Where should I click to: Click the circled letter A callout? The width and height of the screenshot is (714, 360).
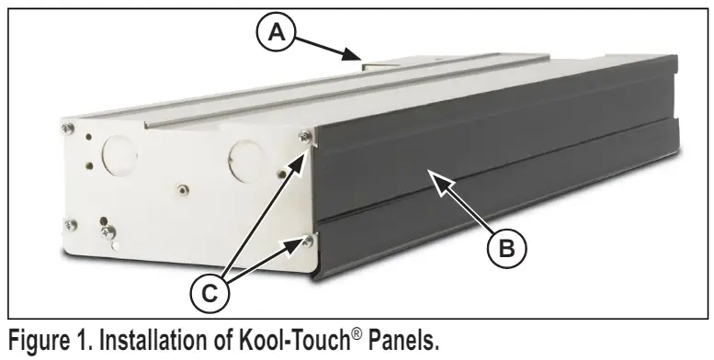coord(277,33)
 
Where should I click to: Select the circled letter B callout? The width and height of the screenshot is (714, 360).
coord(507,249)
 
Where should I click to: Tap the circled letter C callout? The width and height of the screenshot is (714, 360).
coord(210,294)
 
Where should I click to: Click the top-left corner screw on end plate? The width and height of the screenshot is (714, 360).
coord(68,129)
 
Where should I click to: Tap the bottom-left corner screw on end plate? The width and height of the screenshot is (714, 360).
coord(70,225)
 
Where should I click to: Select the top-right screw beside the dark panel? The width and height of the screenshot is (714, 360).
coord(304,136)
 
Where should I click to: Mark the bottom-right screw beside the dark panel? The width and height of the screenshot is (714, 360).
coord(308,241)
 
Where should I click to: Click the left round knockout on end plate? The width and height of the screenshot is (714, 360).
coord(119,155)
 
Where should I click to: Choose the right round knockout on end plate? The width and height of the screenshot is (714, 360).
coord(247,160)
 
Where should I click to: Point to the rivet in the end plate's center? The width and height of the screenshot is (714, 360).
coord(183,189)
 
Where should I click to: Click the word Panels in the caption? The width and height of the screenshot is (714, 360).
coord(403,340)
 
